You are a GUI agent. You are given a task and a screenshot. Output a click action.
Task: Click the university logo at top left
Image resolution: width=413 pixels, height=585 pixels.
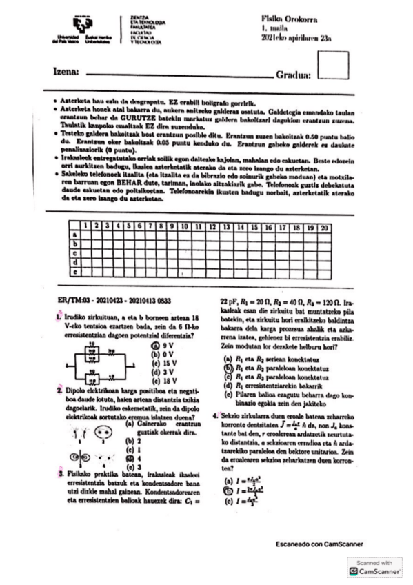(x=83, y=29)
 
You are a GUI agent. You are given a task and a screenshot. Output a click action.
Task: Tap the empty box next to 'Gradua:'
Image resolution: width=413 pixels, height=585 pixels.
(x=334, y=70)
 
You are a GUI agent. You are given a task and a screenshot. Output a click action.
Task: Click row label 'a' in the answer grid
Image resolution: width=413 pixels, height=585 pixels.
(x=74, y=236)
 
